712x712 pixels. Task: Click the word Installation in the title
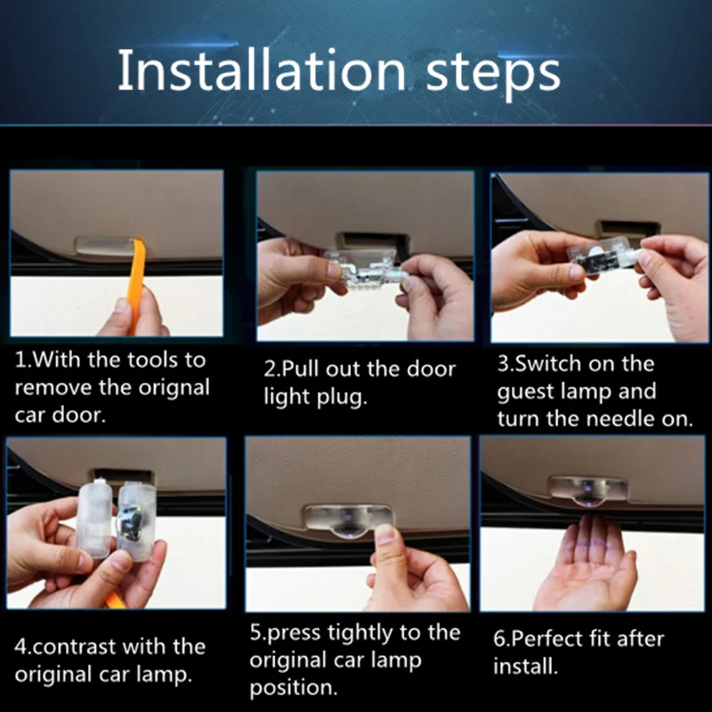(x=262, y=70)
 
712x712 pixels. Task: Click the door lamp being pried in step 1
(x=105, y=246)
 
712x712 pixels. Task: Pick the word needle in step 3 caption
(x=619, y=418)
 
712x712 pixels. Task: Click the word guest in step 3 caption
(x=525, y=392)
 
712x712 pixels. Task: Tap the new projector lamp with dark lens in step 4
(x=136, y=522)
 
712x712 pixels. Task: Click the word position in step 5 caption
(x=294, y=688)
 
